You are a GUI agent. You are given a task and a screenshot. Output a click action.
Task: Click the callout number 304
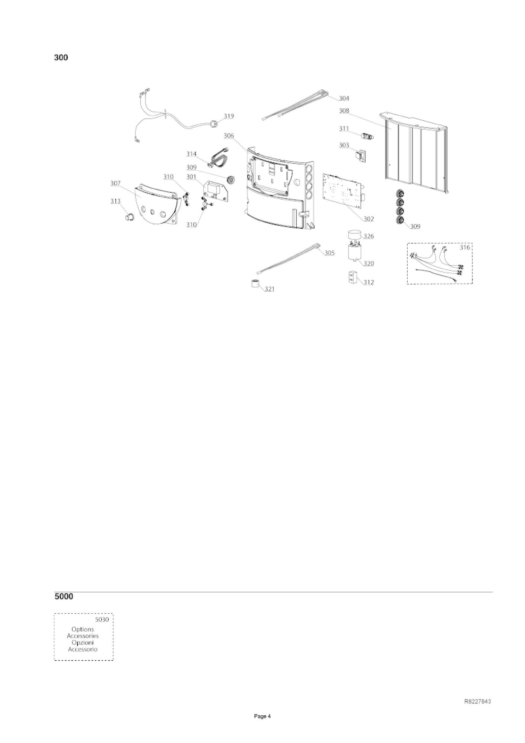coord(344,98)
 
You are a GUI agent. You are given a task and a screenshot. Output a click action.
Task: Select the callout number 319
coord(229,116)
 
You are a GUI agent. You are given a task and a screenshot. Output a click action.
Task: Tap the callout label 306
coord(229,136)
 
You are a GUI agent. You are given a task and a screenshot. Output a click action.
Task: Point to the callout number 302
coord(368,219)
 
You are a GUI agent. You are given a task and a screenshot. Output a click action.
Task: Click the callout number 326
coord(369,236)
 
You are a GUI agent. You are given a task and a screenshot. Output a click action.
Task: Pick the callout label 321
coord(270,289)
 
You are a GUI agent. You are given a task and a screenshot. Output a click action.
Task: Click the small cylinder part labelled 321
coord(255,283)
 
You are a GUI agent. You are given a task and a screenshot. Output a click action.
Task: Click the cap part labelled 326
coord(355,235)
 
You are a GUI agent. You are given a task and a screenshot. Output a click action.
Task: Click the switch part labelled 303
coord(361,156)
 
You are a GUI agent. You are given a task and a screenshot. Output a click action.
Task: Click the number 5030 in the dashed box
coord(102,620)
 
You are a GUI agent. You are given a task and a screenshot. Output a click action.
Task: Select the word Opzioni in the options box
coord(83,642)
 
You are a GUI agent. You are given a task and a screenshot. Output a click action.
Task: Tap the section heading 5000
coord(64,596)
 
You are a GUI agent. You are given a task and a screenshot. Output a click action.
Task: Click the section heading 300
coord(61,58)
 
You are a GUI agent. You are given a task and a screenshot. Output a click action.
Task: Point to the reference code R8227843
coord(477,702)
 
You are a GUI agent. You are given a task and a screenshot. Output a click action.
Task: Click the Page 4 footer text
coord(262,716)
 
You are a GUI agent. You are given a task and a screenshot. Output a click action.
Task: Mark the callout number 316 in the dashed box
coord(465,247)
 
